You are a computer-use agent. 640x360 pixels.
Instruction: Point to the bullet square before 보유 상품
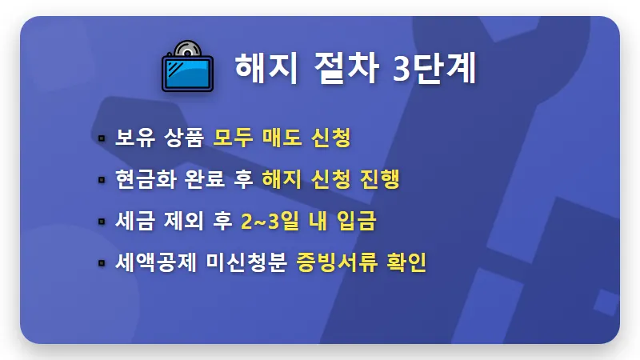[102, 138]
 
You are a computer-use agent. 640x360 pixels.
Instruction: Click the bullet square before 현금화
[102, 180]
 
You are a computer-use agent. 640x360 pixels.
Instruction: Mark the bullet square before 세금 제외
[102, 222]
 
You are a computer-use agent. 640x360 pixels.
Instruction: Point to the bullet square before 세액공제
[102, 262]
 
